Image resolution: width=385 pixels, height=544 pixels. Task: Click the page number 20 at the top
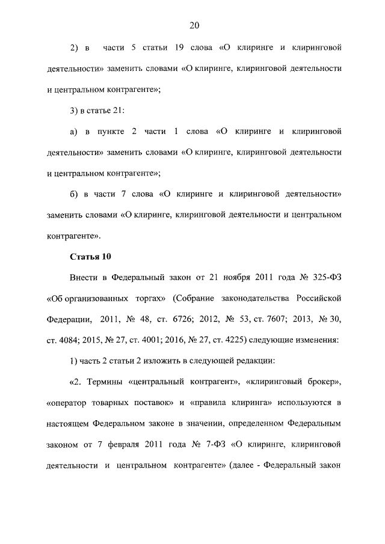[x=193, y=25]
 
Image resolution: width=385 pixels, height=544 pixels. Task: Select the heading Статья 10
[x=90, y=257]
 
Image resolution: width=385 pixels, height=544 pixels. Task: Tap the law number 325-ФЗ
[x=325, y=278]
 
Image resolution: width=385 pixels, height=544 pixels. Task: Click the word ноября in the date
[x=226, y=278]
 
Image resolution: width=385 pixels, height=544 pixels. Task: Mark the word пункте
[x=116, y=132]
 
